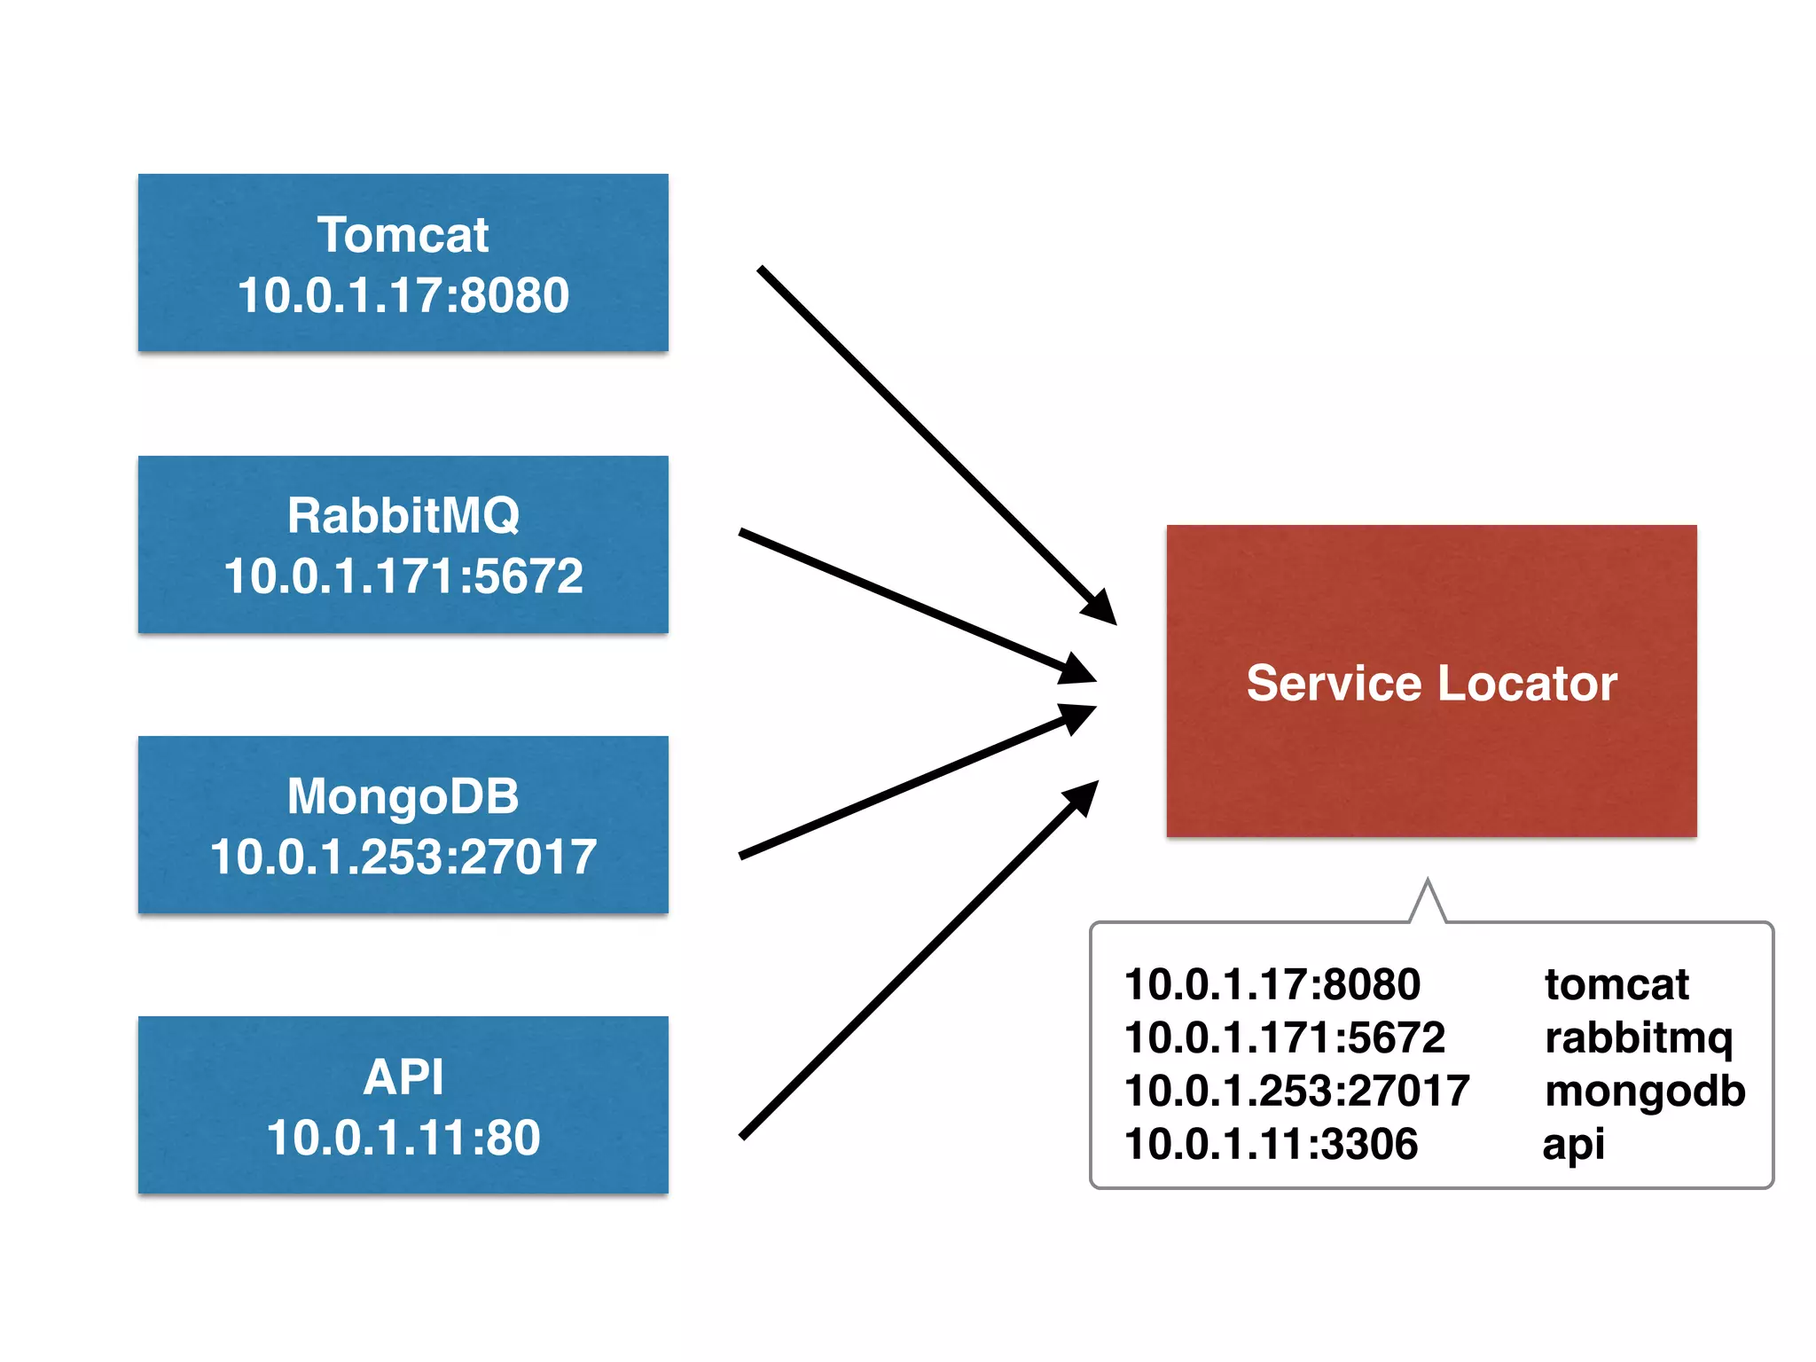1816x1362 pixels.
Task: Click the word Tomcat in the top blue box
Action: [x=403, y=235]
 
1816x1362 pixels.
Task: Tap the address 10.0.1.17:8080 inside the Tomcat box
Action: [x=403, y=295]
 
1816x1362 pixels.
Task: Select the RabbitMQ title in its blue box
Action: [x=403, y=515]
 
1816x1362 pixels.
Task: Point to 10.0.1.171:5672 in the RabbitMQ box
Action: [x=403, y=576]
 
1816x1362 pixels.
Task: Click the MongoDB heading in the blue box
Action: [x=403, y=795]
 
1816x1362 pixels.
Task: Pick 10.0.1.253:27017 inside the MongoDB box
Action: [x=403, y=857]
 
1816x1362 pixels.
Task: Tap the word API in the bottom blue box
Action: [x=403, y=1076]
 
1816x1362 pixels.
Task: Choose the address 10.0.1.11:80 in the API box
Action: [x=403, y=1138]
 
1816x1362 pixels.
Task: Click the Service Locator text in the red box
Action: [x=1431, y=683]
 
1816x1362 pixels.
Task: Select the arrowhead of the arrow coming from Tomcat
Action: [x=1101, y=610]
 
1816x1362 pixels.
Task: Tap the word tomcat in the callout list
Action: [x=1616, y=984]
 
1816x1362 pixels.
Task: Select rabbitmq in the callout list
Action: [x=1638, y=1038]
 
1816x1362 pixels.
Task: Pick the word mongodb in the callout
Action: [x=1644, y=1092]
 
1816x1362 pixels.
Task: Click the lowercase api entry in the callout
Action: [x=1573, y=1145]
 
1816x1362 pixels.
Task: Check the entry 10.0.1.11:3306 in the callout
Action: [x=1271, y=1144]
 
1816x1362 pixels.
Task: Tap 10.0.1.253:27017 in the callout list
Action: [x=1296, y=1091]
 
